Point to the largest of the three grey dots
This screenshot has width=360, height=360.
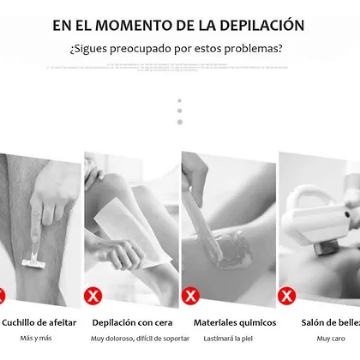coord(180,122)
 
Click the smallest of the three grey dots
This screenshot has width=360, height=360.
coord(180,100)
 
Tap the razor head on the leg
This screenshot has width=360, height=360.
coord(33,263)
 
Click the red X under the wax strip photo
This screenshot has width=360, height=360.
coord(93,296)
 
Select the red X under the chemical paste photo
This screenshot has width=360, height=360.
coord(190,296)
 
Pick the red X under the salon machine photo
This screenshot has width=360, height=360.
coord(287,296)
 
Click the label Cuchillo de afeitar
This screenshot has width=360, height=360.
coord(39,323)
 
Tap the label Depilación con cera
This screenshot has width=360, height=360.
coord(132,323)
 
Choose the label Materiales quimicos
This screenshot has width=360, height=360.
coord(235,323)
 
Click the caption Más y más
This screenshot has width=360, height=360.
coord(36,338)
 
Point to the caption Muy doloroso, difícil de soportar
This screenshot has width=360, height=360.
coord(140,339)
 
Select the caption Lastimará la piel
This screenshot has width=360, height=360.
coord(228,339)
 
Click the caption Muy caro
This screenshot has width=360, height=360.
coord(331,339)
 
